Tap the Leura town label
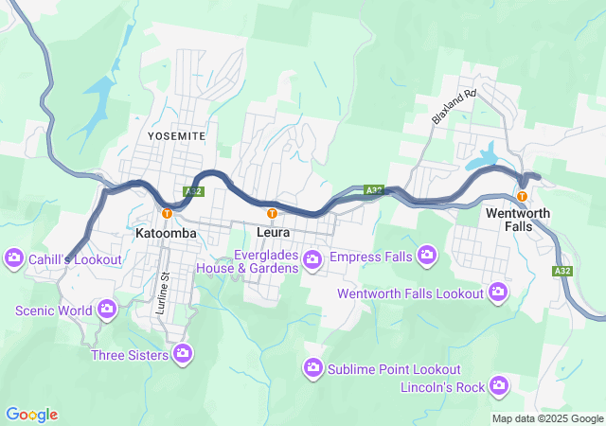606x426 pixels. point(272,232)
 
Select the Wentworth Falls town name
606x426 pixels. point(517,221)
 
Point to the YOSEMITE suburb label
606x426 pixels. point(176,136)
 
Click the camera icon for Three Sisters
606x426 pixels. point(184,355)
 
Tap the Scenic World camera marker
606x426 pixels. point(107,309)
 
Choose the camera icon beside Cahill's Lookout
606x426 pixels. point(13,257)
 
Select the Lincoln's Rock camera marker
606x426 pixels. point(499,385)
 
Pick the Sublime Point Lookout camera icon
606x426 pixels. point(313,367)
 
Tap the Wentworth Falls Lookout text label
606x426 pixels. point(410,293)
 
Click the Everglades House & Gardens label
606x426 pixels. point(246,260)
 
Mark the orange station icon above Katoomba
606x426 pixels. point(167,212)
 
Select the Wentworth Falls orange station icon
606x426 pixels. point(522,196)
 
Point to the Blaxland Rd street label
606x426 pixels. point(453,107)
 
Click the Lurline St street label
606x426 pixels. point(164,287)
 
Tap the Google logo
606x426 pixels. point(31,415)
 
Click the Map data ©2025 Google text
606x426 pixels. point(547,418)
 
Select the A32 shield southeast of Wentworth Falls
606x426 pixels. point(563,271)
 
